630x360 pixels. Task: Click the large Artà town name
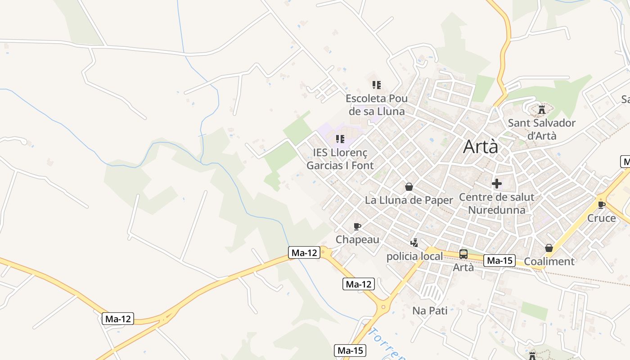(x=481, y=146)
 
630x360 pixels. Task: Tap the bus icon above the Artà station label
(x=463, y=254)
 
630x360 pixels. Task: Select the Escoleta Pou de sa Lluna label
(x=377, y=105)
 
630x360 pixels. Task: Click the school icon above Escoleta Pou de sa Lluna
(x=377, y=85)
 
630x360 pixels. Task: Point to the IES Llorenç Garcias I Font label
(x=340, y=159)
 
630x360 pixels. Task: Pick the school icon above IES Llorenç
(x=340, y=139)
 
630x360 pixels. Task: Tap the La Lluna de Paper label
(x=409, y=200)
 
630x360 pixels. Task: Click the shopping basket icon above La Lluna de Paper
(x=409, y=186)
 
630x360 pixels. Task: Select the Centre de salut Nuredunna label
(x=497, y=203)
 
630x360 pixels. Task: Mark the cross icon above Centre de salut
(x=497, y=184)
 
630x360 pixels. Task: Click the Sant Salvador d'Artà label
(x=542, y=129)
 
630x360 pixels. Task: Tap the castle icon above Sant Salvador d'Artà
(x=542, y=109)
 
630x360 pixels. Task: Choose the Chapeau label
(x=358, y=239)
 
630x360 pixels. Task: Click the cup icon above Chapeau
(x=358, y=226)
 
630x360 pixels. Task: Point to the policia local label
(x=414, y=256)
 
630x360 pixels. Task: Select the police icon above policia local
(x=414, y=243)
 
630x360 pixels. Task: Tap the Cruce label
(x=602, y=218)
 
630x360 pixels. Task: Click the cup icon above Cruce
(x=602, y=205)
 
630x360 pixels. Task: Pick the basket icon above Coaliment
(x=549, y=248)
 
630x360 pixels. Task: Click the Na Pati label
(x=430, y=310)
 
